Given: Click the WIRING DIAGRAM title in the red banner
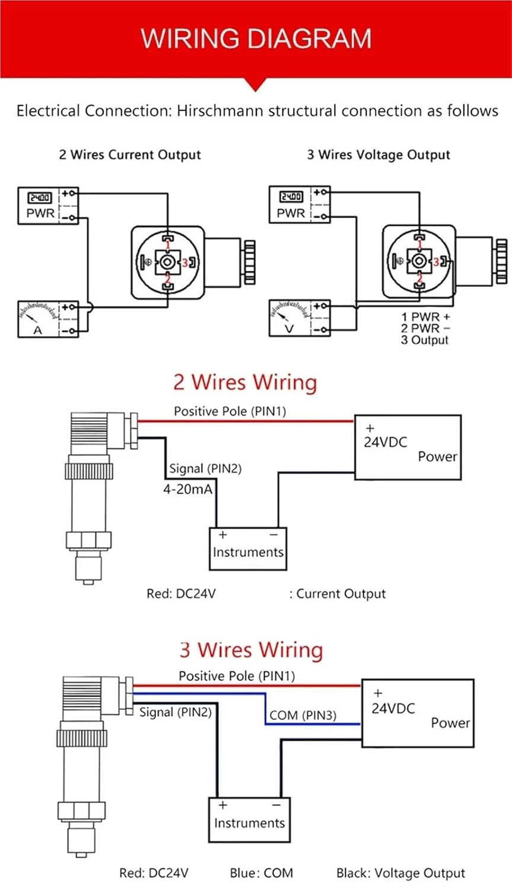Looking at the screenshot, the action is [x=256, y=39].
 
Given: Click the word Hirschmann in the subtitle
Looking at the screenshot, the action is [x=220, y=111].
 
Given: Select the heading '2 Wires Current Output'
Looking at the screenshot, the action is [x=130, y=155].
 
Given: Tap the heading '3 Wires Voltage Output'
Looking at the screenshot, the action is [x=379, y=155].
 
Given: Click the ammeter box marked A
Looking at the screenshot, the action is [x=48, y=319].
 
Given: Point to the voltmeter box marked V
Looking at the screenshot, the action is [x=300, y=318].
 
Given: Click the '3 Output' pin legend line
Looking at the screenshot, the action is [x=425, y=340].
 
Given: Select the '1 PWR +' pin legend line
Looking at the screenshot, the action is [x=425, y=317].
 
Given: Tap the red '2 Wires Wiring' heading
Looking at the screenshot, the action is [x=245, y=382].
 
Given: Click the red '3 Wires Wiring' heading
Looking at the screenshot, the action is [x=251, y=650].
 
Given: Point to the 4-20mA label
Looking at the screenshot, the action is [x=188, y=489].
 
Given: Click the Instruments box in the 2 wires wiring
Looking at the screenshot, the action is [x=248, y=549].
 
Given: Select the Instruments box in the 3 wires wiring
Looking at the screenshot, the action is [x=249, y=820].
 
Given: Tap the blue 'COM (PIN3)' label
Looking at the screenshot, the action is [x=303, y=715].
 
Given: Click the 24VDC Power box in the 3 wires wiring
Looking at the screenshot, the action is [x=418, y=713].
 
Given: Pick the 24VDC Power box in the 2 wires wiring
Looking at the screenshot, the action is [x=408, y=447].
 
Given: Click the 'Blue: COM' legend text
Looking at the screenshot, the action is [x=262, y=873].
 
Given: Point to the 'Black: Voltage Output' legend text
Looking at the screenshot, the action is [x=401, y=873].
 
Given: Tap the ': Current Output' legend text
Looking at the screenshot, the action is [x=338, y=594].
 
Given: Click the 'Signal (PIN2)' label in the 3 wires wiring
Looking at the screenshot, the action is [x=175, y=712].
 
